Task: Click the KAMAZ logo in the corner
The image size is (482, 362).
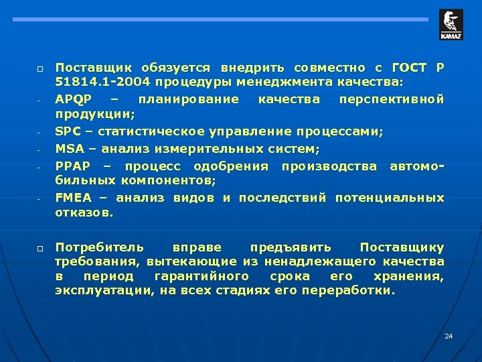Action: pos(451,25)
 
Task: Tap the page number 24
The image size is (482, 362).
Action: pos(449,335)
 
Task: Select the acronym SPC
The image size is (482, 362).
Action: pos(68,131)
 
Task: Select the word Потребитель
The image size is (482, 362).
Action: pos(98,247)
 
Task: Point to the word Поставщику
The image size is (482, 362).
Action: pos(402,247)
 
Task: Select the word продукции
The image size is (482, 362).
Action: pos(84,115)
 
